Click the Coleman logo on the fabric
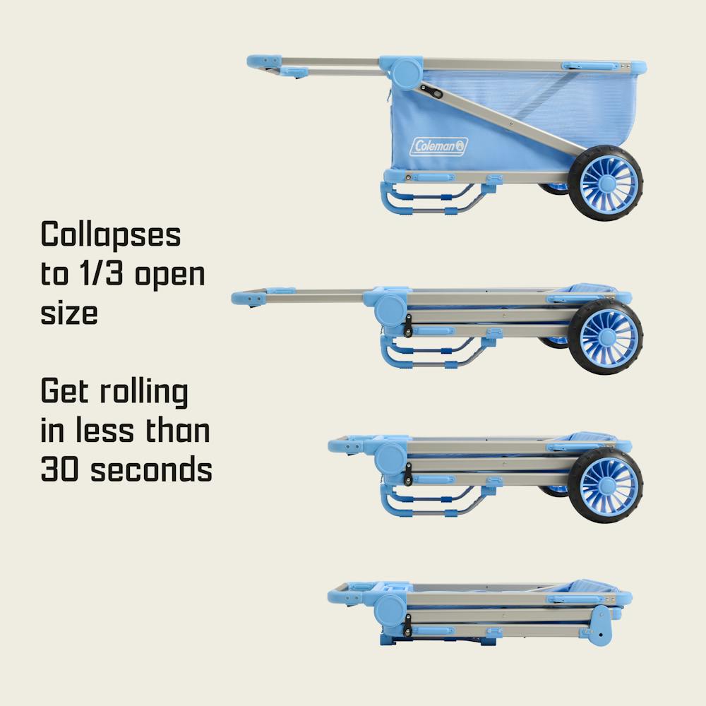pos(438,146)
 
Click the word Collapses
pos(111,234)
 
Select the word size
pos(69,312)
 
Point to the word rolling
pos(143,392)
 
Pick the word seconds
pos(151,469)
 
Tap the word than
pos(177,430)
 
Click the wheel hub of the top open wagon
pos(607,184)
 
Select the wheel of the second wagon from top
pos(606,336)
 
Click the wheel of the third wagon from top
pos(606,485)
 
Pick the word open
pos(169,275)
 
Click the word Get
pos(64,391)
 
